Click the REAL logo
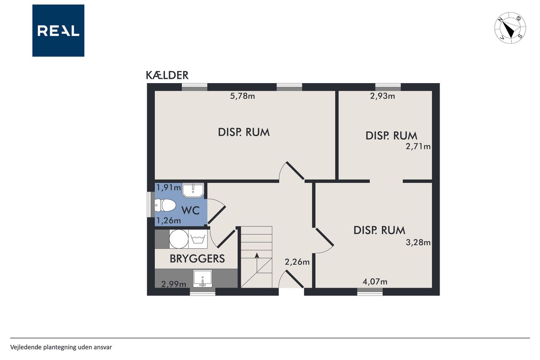coord(58,31)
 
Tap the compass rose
coord(510,28)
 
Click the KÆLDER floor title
coord(167,75)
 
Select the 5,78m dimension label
coord(242,96)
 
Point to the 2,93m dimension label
coord(382,96)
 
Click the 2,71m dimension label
coord(418,146)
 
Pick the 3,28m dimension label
coord(418,242)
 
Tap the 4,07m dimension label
coord(375,282)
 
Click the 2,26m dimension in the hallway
coord(297,262)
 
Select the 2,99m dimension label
coord(173,284)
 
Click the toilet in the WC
coord(165,205)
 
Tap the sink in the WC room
coord(193,190)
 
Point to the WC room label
coord(190,211)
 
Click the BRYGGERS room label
coord(197,259)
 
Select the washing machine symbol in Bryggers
coord(198,239)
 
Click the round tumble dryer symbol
coord(179,239)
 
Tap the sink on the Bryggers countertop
coord(203,278)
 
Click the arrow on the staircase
coord(257,263)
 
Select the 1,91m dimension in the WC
coord(169,187)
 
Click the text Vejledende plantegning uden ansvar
coord(61,347)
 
